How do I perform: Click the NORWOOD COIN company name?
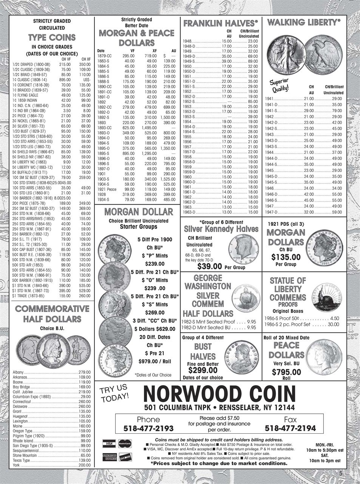point(219,394)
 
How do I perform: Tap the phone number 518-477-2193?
point(148,429)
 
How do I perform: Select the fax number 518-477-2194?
point(290,429)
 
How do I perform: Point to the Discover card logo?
point(125,457)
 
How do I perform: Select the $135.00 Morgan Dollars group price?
point(286,258)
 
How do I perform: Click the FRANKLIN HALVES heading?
point(220,23)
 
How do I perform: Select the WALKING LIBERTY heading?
point(303,23)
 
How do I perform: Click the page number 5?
point(340,473)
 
